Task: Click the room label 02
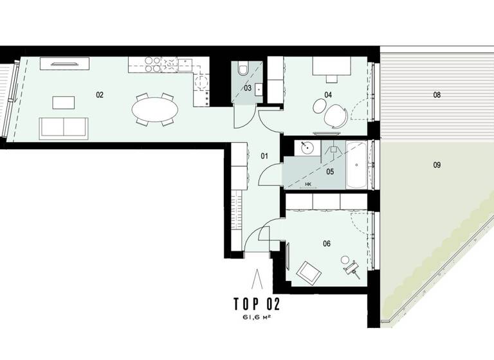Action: pyautogui.click(x=100, y=94)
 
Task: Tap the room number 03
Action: pyautogui.click(x=248, y=88)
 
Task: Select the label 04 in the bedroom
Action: pyautogui.click(x=328, y=94)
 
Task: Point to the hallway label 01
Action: pyautogui.click(x=264, y=155)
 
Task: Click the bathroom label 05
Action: pyautogui.click(x=330, y=172)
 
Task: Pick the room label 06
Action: pyautogui.click(x=327, y=244)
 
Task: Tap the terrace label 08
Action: pyautogui.click(x=437, y=94)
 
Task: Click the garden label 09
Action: pyautogui.click(x=437, y=165)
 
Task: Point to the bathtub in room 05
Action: pyautogui.click(x=357, y=165)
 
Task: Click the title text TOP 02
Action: pyautogui.click(x=255, y=303)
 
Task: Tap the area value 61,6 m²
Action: pyautogui.click(x=255, y=318)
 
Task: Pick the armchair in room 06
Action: pyautogui.click(x=309, y=273)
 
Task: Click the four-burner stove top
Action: pyautogui.click(x=152, y=64)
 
